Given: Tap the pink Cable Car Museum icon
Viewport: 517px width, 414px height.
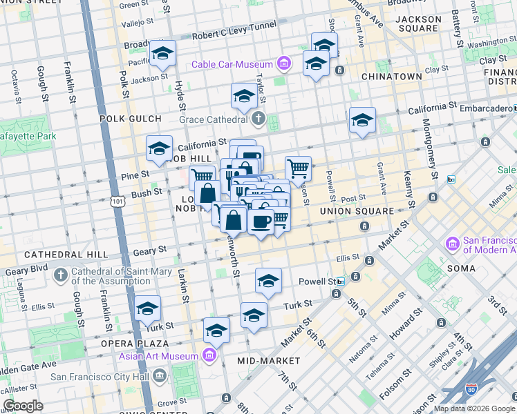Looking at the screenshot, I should (283, 64).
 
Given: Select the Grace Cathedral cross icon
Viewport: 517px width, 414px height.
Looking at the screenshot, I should (258, 119).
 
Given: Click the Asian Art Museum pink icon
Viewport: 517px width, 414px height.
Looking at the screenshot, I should (210, 356).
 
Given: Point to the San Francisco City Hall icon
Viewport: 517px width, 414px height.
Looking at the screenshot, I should (160, 376).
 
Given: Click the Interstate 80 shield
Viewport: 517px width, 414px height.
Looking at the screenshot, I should (472, 390).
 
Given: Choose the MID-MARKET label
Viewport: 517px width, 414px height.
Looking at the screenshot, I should (268, 361).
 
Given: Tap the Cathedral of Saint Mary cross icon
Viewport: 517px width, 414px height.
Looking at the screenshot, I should (61, 275).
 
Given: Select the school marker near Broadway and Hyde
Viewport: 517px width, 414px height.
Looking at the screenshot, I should (163, 52).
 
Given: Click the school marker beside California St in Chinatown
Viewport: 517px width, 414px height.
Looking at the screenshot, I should (362, 120).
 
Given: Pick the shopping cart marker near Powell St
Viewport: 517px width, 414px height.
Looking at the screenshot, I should (298, 168).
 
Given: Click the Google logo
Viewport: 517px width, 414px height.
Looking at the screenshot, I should (22, 406).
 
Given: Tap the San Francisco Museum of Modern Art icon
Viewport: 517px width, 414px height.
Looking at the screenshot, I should (453, 244).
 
